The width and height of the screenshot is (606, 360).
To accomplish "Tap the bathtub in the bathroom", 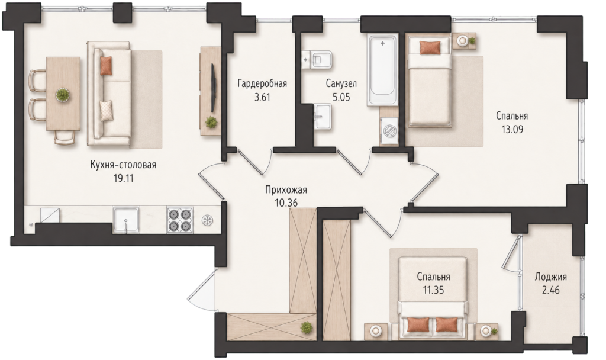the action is pos(383,70).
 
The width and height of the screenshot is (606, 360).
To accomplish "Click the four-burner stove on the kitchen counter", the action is pos(180,220).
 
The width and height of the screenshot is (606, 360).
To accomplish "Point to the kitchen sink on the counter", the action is pos(126,220).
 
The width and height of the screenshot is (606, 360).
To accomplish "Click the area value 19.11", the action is pos(124,178).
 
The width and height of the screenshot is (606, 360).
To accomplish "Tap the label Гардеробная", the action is pos(262,83).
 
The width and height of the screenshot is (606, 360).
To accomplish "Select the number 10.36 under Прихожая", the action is pos(286,202).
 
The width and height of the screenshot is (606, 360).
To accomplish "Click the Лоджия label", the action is pos(551,277).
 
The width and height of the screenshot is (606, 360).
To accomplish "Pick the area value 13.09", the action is pos(512,130).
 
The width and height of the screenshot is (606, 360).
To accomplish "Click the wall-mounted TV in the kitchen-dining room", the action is pos(212,88).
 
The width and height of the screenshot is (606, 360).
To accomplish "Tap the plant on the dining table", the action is pos(62,95).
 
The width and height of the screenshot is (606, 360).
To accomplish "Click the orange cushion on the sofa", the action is pos(106,65).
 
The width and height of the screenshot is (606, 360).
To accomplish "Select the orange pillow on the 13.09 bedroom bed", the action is pos(430,47).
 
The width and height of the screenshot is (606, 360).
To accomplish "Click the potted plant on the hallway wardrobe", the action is pos(307,328).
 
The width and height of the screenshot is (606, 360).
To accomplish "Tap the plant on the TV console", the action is pos(211,122).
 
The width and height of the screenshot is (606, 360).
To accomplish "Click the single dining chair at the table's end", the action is pos(65,137).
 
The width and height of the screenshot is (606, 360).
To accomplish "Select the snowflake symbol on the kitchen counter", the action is pos(208,220).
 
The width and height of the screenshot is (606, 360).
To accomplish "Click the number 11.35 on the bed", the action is pos(433,290).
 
